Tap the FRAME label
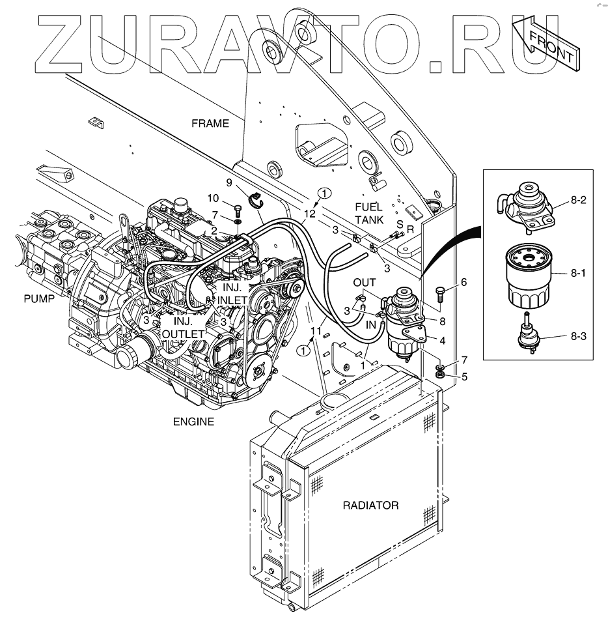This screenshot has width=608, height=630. click(x=210, y=123)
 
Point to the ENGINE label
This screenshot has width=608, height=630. click(x=193, y=422)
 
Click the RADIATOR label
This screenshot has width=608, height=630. click(x=371, y=505)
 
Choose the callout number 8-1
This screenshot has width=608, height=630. click(x=579, y=274)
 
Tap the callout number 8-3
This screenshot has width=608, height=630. click(x=579, y=336)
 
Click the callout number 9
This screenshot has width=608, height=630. click(x=229, y=182)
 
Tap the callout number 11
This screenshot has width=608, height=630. click(x=316, y=332)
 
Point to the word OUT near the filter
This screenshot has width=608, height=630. click(x=364, y=282)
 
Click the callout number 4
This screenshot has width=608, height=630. click(x=442, y=339)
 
